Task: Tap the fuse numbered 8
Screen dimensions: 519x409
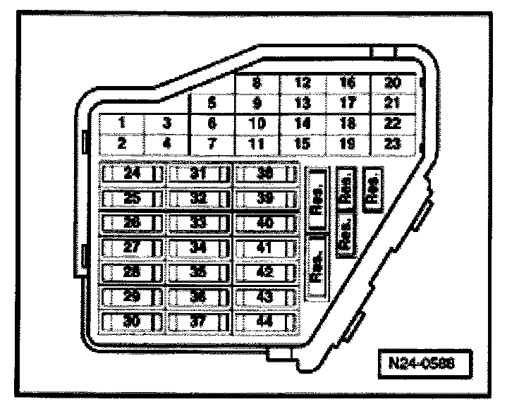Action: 257,83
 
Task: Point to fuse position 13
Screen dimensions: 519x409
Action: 303,102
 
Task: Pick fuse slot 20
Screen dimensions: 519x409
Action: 393,83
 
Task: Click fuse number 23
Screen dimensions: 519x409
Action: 393,142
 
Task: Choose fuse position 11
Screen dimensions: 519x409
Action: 257,142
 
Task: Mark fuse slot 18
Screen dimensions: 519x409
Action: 348,123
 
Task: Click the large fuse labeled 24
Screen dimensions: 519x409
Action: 132,173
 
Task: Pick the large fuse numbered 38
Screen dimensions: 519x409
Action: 265,173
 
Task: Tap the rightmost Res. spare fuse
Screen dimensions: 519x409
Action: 372,188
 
